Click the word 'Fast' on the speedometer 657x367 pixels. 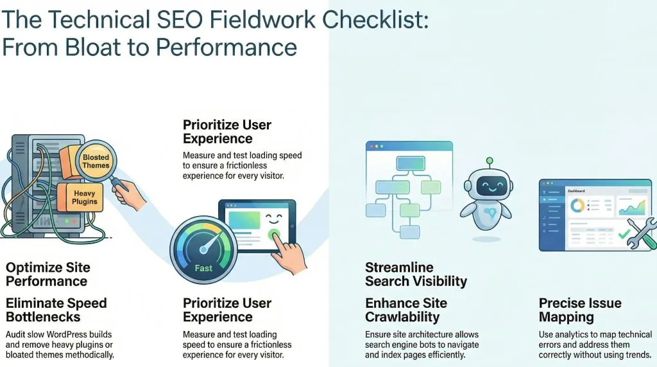pos(203,268)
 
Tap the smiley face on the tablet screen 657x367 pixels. pos(273,218)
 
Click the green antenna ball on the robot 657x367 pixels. pos(490,161)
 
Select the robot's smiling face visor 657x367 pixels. pos(489,184)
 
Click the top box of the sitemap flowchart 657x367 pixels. pos(411,163)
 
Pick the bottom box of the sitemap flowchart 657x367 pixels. pos(409,232)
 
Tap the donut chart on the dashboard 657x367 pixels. pos(577,205)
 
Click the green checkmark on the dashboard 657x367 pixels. pos(624,233)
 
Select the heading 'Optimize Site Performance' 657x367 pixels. pos(48,274)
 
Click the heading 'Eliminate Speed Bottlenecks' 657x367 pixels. pos(56,310)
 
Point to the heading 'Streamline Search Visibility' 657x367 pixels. pos(416,274)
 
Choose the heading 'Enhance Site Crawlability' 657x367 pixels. pos(406,310)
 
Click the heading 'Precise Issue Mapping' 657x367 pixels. pos(580,310)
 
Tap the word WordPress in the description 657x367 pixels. pos(67,335)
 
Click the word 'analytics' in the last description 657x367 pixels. pos(570,335)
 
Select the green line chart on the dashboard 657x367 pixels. pos(632,208)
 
